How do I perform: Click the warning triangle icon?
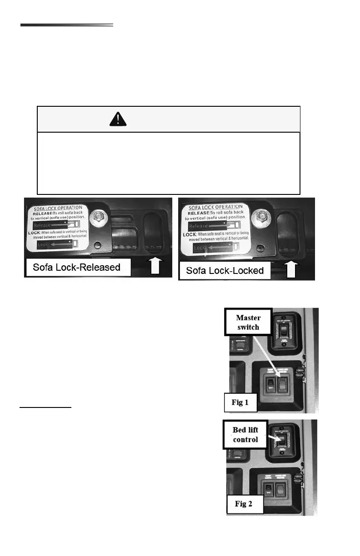point(118,119)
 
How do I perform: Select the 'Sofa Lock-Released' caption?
point(77,267)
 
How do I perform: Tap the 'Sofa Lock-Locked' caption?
point(225,271)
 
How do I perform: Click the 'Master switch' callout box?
point(248,322)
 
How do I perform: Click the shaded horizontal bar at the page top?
point(66,25)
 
